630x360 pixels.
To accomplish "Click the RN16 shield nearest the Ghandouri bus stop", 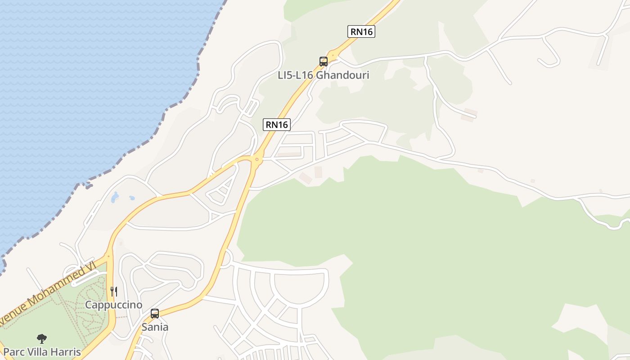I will click(x=361, y=31).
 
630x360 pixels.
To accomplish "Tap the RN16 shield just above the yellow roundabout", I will click(x=277, y=125).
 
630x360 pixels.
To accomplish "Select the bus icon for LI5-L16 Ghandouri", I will click(x=323, y=62).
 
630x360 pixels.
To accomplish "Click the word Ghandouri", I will click(x=342, y=75).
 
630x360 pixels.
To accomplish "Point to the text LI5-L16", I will click(x=296, y=75).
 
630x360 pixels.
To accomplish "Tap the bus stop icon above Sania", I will click(x=155, y=314).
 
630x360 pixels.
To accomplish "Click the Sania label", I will click(x=155, y=327).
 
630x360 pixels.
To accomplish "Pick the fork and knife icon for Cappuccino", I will click(x=114, y=292).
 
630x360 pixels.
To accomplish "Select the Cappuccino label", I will click(x=114, y=305).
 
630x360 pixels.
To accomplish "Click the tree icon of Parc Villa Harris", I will click(x=42, y=338).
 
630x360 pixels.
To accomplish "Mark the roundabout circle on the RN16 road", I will click(x=257, y=158).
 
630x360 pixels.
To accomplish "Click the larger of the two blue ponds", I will click(x=115, y=197).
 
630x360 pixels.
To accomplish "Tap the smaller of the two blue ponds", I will click(x=132, y=198).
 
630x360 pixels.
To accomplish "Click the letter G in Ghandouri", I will click(x=319, y=75).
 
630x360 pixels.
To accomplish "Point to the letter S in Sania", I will click(x=145, y=327).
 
